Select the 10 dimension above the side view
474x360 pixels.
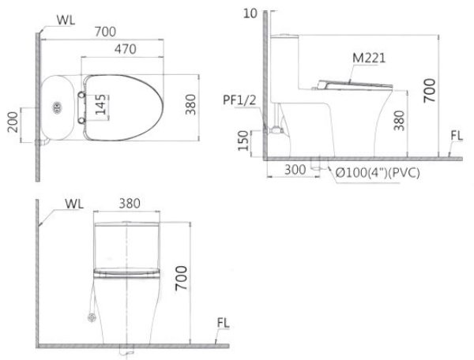click(251, 13)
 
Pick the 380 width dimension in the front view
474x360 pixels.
click(129, 204)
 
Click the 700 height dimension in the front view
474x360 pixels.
click(182, 278)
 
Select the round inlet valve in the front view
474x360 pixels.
click(91, 317)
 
